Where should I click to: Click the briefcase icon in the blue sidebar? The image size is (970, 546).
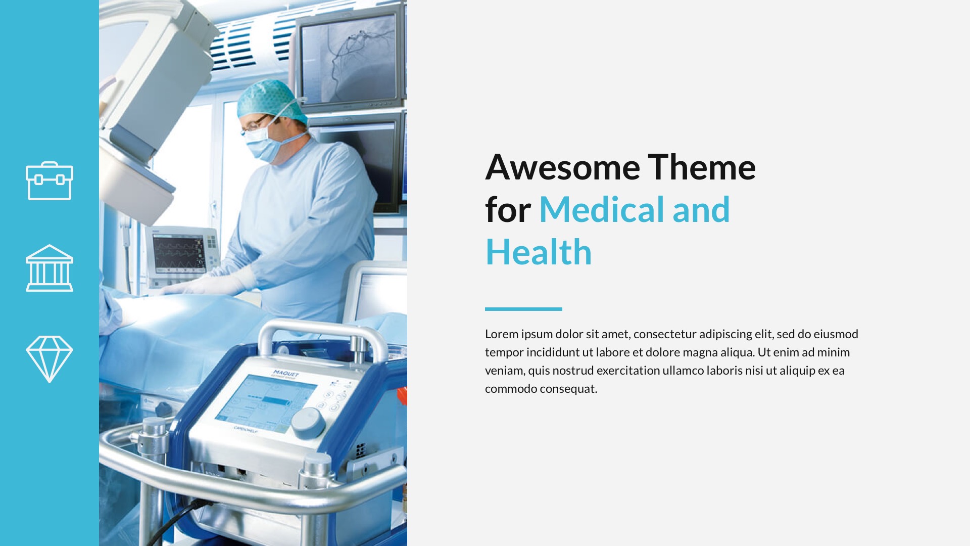coord(50,181)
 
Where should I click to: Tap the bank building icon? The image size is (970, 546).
coord(50,268)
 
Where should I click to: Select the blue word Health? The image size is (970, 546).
coord(539,252)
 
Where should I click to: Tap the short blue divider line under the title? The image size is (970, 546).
coord(523,309)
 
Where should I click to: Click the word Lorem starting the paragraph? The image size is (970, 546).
coord(501,334)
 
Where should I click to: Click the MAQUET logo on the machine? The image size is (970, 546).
coord(286,374)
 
